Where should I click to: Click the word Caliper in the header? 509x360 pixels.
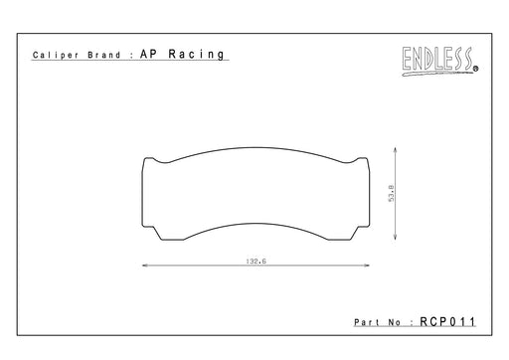coord(56,55)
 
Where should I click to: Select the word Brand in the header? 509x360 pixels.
coord(104,55)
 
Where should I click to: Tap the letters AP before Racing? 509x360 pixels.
coord(149,54)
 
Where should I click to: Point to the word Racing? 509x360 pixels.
coord(196,54)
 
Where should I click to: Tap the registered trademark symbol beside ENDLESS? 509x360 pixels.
coord(475,69)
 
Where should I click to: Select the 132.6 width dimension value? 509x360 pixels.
coord(256,262)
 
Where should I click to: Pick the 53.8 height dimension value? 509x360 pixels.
coord(392,193)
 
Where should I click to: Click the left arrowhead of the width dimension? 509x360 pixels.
coord(144,266)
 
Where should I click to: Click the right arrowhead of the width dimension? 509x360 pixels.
coord(367,266)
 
